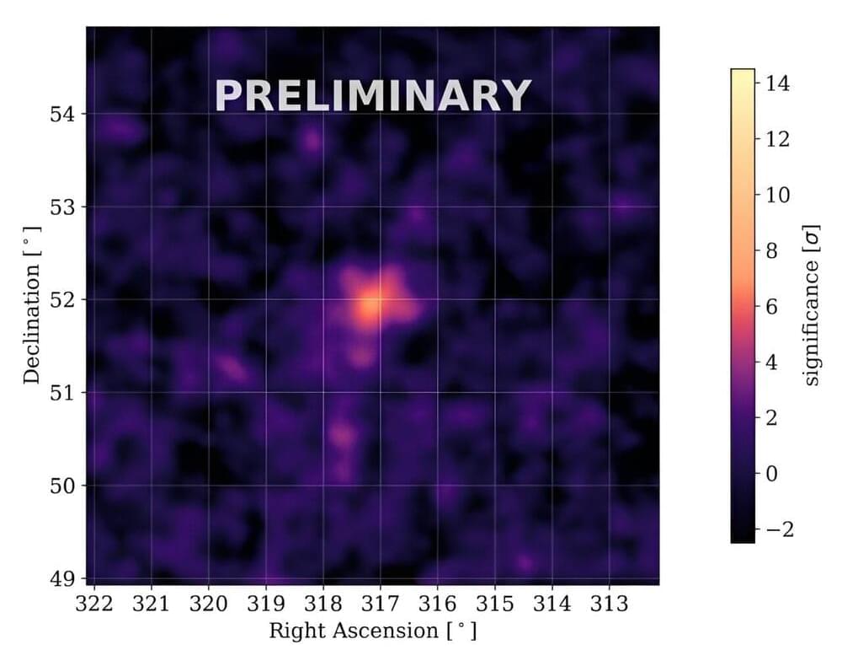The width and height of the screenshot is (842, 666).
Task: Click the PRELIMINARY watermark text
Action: pos(373,95)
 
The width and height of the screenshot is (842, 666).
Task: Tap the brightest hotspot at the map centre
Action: pos(370,308)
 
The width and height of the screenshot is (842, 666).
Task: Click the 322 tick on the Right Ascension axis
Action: pos(94,604)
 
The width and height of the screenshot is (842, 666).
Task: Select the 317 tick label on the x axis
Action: pos(380,604)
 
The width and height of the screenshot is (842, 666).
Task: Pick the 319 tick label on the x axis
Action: pos(266,604)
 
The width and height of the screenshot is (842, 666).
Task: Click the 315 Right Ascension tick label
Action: pos(494,604)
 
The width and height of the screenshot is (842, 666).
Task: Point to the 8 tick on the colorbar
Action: pos(774,250)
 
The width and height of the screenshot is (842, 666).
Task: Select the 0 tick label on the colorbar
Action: pos(774,474)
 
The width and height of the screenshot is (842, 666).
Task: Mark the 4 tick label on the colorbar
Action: pos(774,363)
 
